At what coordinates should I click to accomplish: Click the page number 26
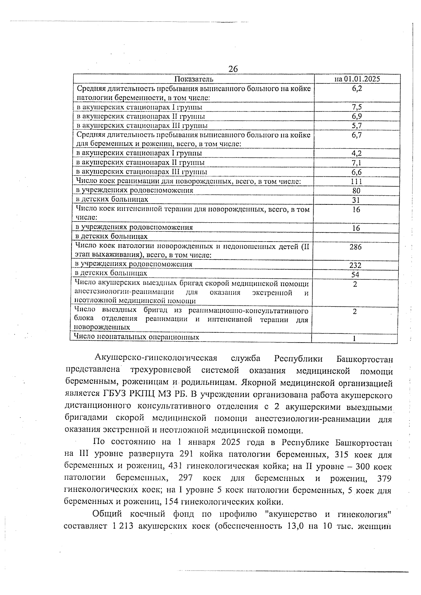coord(233,69)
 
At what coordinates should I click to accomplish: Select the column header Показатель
coord(194,79)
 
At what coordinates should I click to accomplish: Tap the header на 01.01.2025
coord(357,79)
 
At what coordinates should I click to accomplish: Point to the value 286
coord(355,247)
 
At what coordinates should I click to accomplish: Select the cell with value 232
coord(355,265)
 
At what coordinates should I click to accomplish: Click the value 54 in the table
coord(355,275)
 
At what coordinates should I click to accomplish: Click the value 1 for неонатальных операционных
coord(355,338)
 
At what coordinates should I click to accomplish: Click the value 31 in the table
coord(356,200)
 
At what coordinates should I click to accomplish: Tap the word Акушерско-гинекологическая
coord(156,358)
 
